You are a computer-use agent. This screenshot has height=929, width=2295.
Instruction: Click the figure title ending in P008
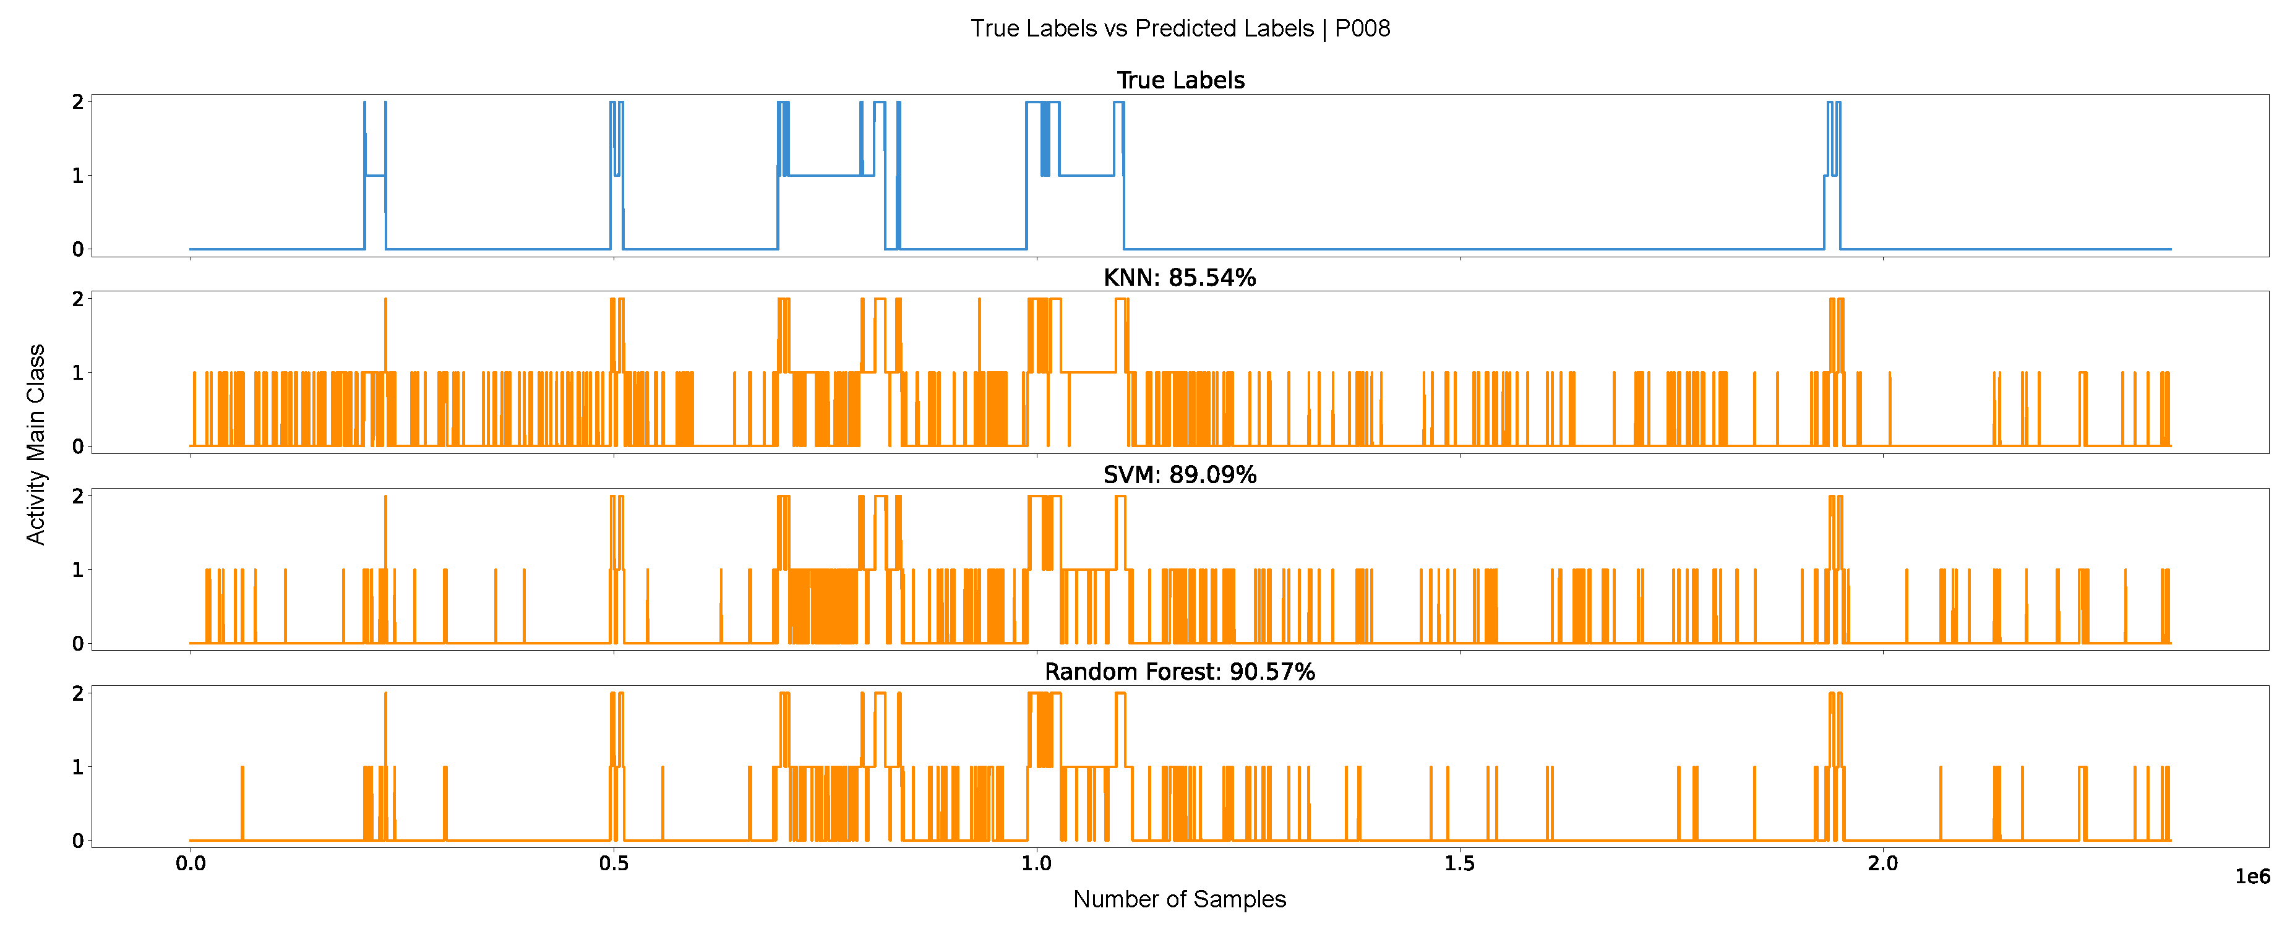point(1180,28)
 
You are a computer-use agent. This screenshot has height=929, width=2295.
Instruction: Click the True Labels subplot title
point(1180,80)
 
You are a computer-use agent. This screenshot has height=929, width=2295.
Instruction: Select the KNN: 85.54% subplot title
point(1180,278)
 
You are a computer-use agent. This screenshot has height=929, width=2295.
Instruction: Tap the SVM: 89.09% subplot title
point(1180,475)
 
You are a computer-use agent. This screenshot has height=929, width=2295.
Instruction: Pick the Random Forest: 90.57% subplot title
point(1180,672)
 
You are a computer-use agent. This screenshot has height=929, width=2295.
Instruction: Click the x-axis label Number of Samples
point(1180,899)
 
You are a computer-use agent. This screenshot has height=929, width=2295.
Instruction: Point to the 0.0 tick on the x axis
point(190,863)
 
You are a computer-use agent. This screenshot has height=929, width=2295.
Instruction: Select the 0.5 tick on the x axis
point(613,863)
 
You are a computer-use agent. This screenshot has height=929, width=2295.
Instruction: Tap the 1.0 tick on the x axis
point(1036,863)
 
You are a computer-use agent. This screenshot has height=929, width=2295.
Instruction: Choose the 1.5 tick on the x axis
point(1459,863)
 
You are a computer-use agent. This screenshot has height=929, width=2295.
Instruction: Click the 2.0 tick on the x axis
point(1882,863)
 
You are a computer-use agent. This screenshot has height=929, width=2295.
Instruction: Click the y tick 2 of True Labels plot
point(79,103)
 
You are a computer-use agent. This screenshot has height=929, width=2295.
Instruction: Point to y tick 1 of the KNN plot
point(79,372)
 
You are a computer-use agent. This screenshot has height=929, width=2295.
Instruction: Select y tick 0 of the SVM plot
point(79,643)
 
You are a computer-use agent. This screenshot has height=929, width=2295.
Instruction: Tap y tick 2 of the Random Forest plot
point(79,693)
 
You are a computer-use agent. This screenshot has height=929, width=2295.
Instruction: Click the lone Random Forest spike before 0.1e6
point(242,802)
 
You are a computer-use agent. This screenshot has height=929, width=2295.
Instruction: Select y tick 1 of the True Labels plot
point(79,176)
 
